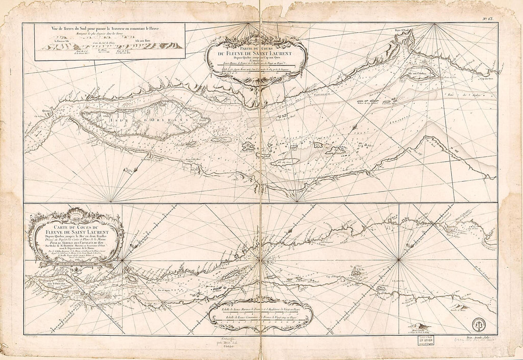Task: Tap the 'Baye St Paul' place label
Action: [402, 32]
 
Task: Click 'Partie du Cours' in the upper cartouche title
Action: [257, 47]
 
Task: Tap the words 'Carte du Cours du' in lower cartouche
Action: [75, 227]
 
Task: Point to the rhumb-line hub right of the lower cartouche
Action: [123, 260]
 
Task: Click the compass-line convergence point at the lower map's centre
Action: [258, 260]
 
